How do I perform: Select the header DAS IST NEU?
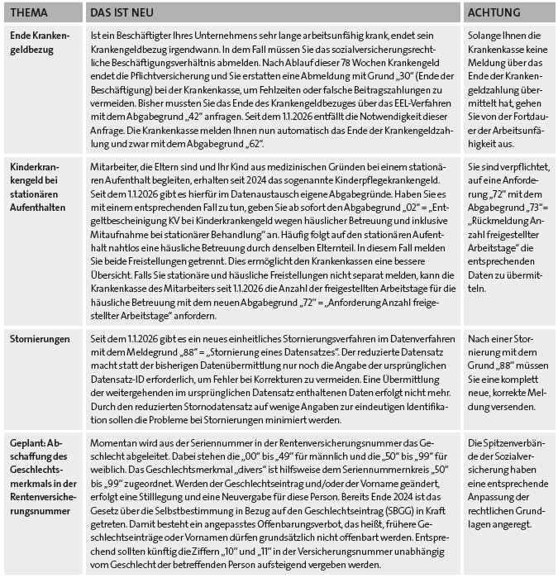(122, 12)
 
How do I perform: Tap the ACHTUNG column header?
(494, 12)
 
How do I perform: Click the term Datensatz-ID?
(117, 384)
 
